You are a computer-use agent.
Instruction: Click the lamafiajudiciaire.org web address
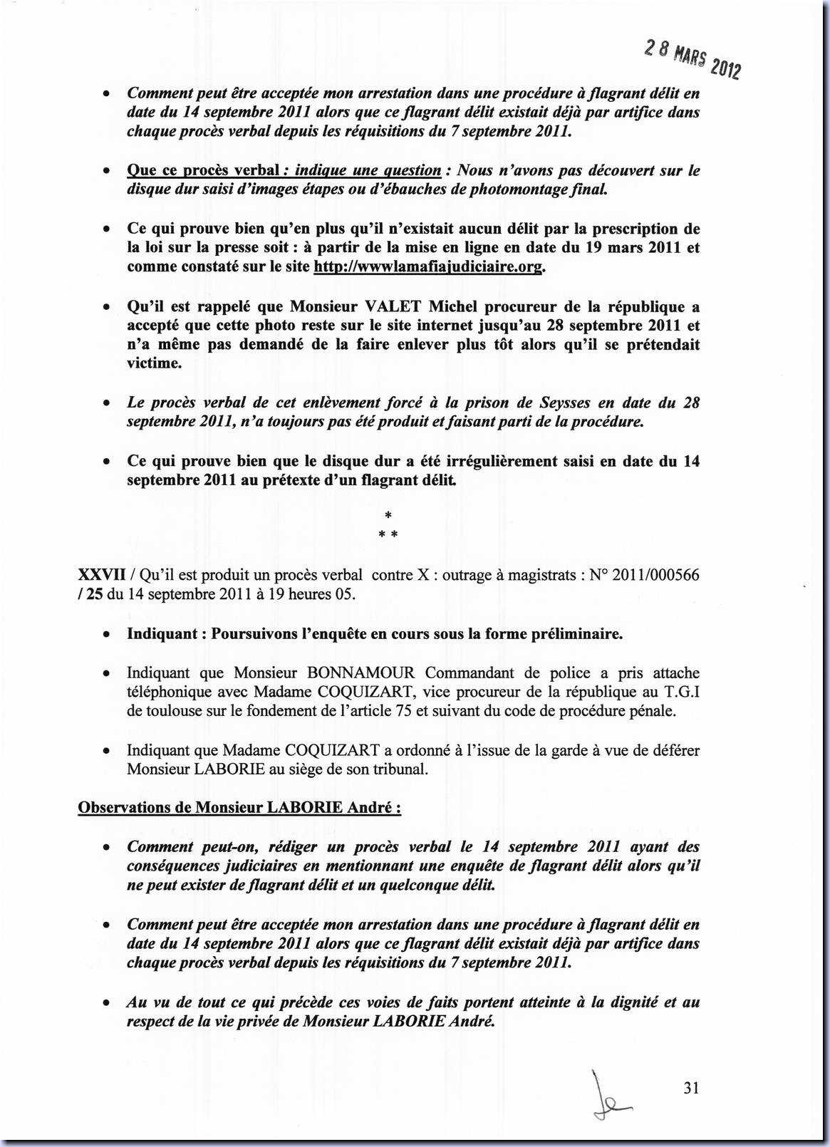tap(428, 267)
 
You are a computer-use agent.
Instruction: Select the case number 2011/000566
tap(655, 575)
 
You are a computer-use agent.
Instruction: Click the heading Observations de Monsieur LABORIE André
tap(239, 808)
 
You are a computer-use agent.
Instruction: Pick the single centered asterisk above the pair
tap(388, 515)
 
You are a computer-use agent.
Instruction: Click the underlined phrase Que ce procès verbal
tap(203, 170)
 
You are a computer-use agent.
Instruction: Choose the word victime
tap(152, 363)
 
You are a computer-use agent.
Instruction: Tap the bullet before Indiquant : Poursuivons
tap(105, 635)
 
